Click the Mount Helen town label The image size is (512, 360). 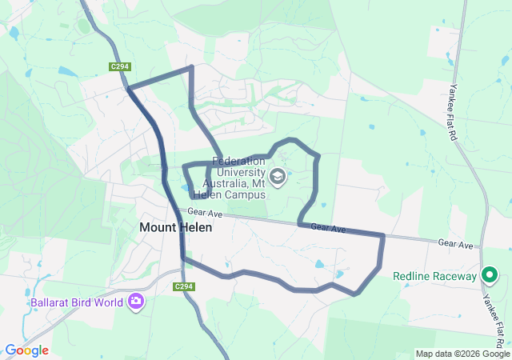176,227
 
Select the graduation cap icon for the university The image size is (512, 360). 278,176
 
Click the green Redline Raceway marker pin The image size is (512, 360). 490,276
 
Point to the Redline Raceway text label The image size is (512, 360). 435,277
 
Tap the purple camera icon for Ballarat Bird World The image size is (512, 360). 135,302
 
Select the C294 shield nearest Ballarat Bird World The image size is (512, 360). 184,286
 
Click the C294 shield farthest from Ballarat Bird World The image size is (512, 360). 121,67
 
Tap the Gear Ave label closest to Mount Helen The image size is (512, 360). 204,213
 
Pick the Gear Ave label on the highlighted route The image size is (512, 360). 328,229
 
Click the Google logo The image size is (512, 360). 26,350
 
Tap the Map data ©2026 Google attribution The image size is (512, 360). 462,354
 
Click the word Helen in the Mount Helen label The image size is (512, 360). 197,227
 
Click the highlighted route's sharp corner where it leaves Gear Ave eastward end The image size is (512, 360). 383,235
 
